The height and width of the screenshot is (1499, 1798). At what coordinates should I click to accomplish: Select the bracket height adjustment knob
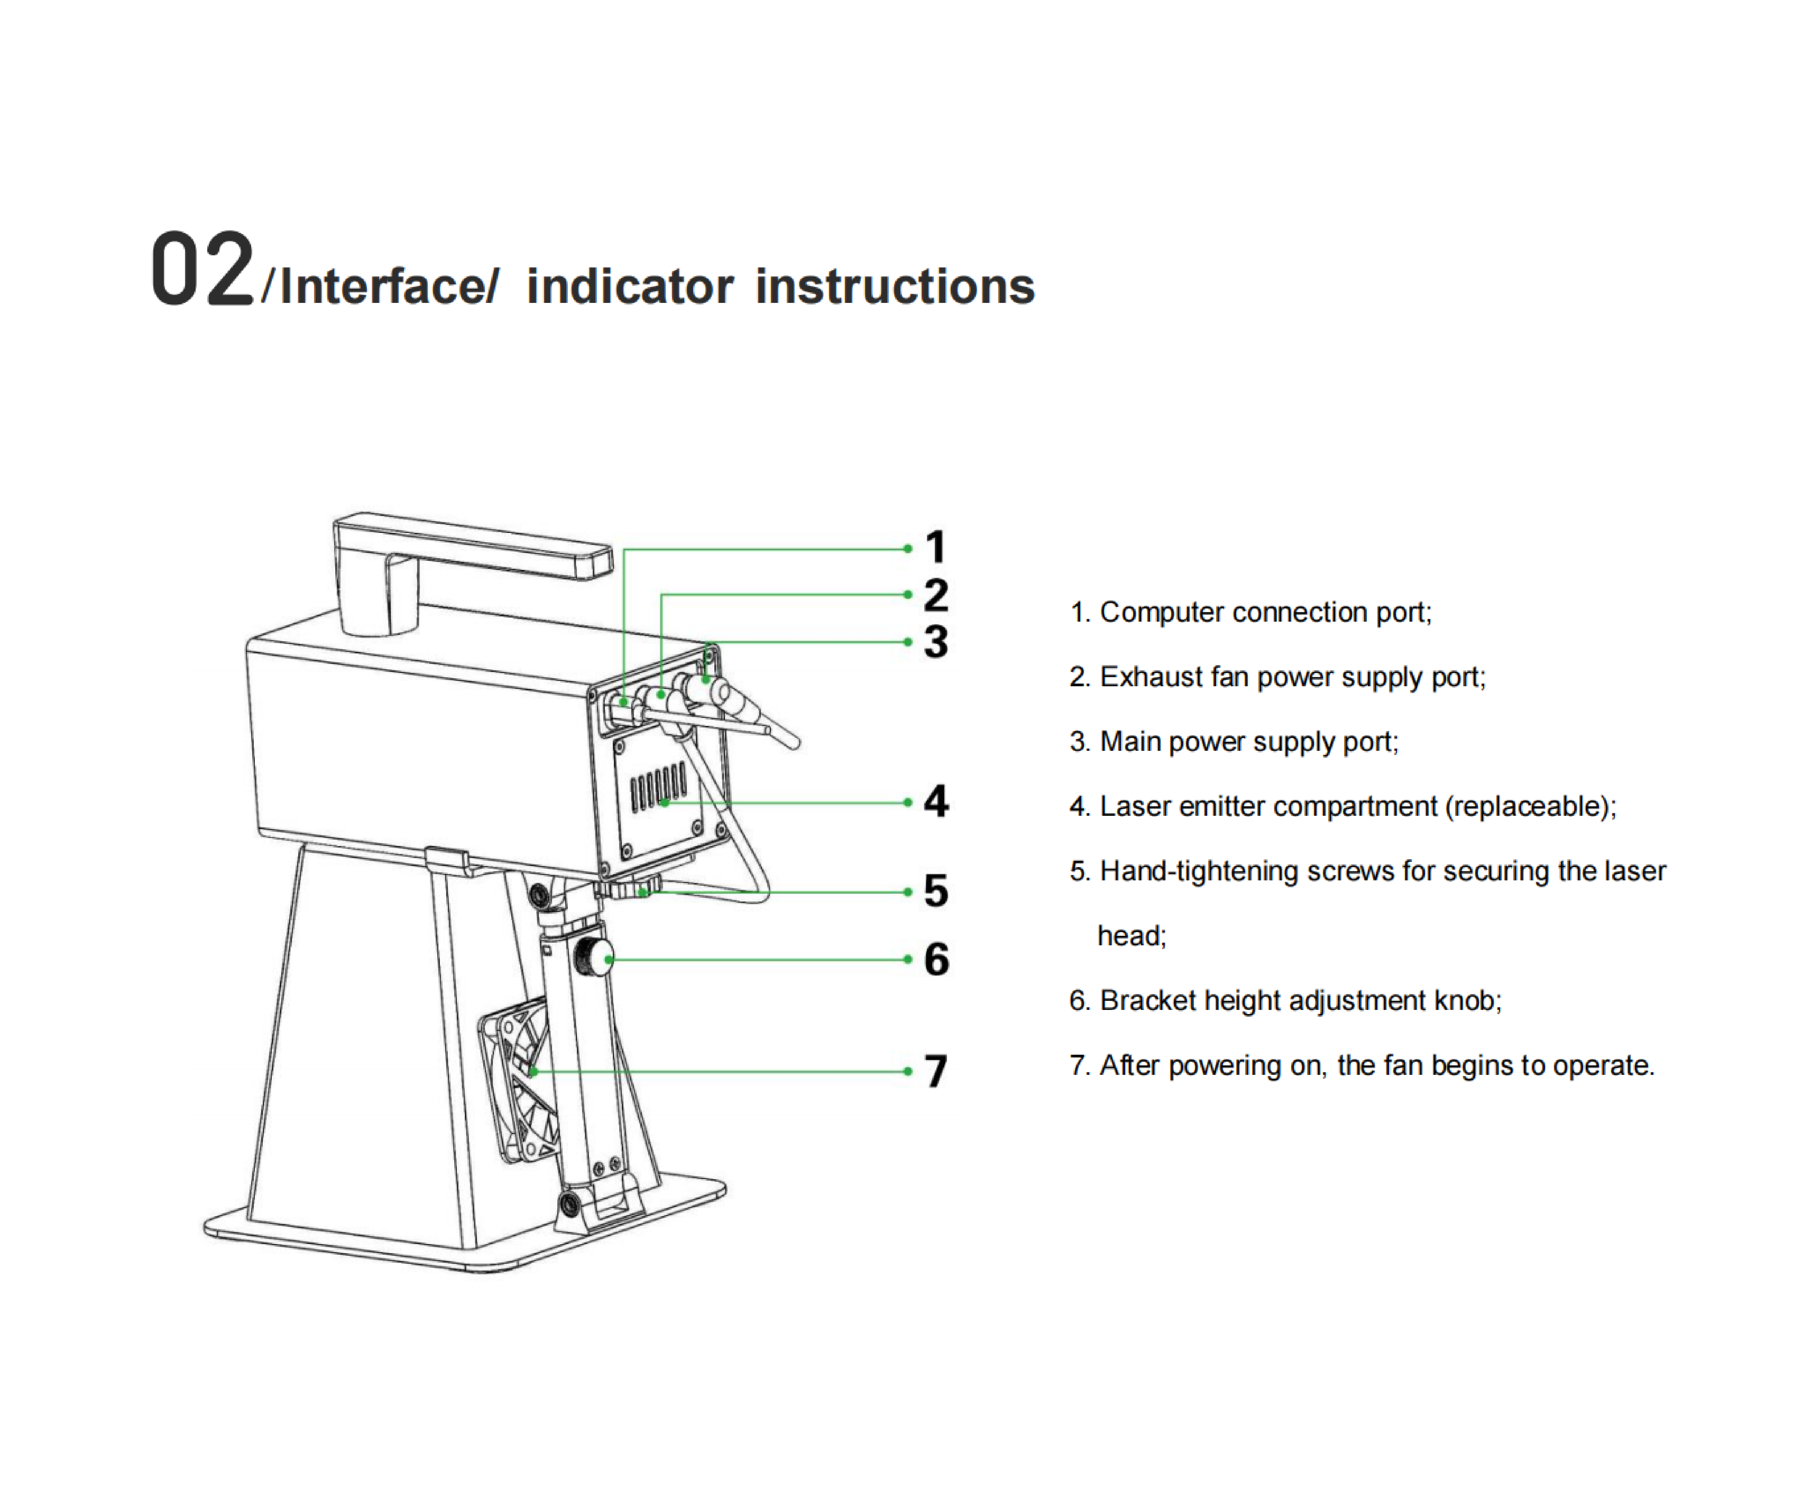592,957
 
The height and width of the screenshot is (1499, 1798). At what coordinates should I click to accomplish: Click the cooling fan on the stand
518,1079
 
